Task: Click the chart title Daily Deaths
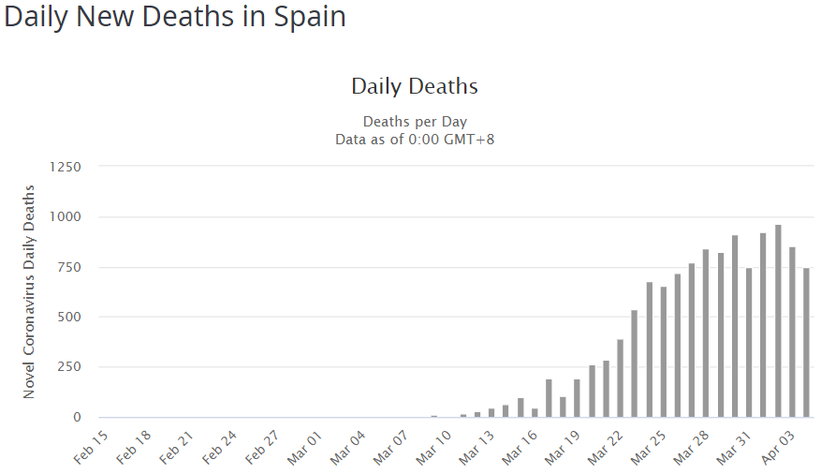(x=414, y=87)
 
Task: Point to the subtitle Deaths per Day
(x=414, y=122)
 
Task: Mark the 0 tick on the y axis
(x=78, y=418)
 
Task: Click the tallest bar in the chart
(x=778, y=321)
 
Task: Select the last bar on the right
(x=806, y=343)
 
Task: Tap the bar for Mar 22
(x=620, y=378)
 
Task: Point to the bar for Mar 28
(x=706, y=333)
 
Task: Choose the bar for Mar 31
(x=749, y=343)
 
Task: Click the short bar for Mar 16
(x=535, y=412)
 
